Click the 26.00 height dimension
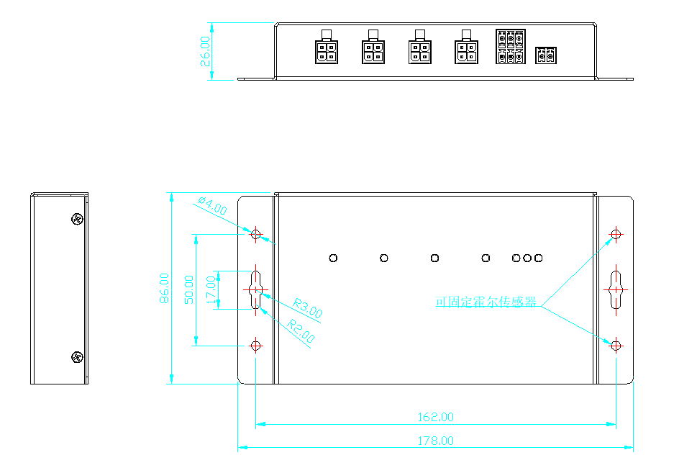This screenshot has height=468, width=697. pyautogui.click(x=206, y=50)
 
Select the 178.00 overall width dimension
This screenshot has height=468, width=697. pyautogui.click(x=436, y=441)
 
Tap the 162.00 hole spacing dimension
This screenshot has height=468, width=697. pyautogui.click(x=436, y=417)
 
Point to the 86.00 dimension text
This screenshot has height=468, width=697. pyautogui.click(x=165, y=288)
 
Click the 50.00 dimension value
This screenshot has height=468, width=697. pyautogui.click(x=189, y=289)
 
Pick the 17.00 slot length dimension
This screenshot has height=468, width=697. pyautogui.click(x=211, y=289)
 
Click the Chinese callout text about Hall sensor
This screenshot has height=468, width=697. pyautogui.click(x=486, y=302)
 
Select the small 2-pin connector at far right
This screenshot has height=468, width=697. pyautogui.click(x=547, y=55)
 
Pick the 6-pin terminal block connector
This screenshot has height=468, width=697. pyautogui.click(x=510, y=48)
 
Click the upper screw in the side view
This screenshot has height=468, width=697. pyautogui.click(x=77, y=219)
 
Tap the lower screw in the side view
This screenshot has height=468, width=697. pyautogui.click(x=77, y=356)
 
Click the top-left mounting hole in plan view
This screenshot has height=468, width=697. pyautogui.click(x=256, y=234)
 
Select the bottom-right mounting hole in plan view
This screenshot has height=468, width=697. pyautogui.click(x=615, y=346)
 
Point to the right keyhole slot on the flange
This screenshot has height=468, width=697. pyautogui.click(x=616, y=289)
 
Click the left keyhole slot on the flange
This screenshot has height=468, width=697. pyautogui.click(x=256, y=289)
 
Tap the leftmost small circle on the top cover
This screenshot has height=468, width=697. pyautogui.click(x=333, y=258)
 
